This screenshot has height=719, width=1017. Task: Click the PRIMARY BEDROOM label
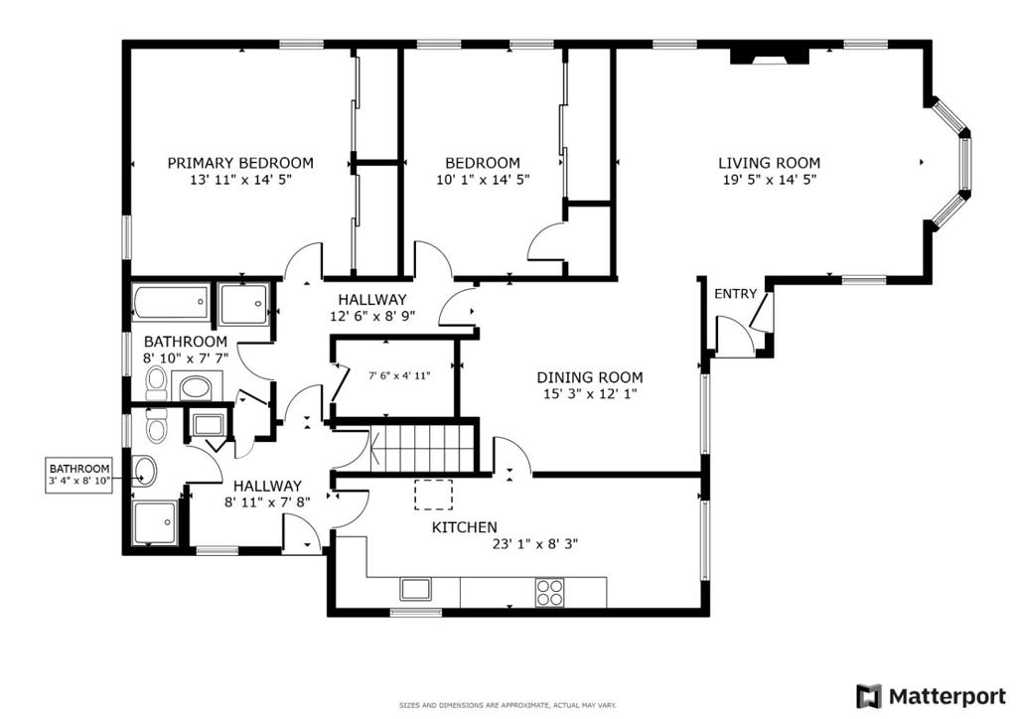240,163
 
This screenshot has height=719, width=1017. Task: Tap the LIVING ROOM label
770,163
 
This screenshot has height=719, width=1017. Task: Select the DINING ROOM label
590,377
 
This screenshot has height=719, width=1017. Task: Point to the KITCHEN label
465,527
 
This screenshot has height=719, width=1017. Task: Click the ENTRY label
736,294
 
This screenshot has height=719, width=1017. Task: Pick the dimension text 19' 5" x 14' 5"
770,180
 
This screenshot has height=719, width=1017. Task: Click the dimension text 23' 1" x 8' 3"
535,544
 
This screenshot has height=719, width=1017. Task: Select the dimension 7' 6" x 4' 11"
399,375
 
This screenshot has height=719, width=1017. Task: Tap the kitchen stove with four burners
550,593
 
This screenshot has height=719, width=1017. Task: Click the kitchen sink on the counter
415,589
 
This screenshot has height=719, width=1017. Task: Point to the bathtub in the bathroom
171,302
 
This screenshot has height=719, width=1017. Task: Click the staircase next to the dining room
421,448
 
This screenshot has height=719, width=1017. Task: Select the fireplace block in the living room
770,57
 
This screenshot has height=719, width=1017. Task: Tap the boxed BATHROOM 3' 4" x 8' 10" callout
79,475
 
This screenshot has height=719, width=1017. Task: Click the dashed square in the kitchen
433,495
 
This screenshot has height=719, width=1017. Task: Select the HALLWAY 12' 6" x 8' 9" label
372,308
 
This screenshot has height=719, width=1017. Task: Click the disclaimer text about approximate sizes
508,705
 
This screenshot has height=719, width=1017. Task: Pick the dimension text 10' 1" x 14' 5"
483,180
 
